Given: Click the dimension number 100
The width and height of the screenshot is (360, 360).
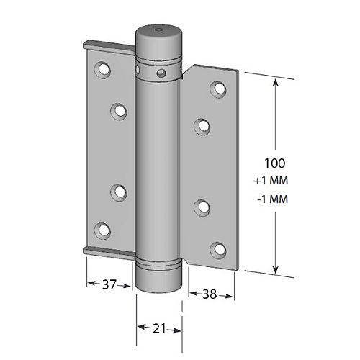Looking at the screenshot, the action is click(x=275, y=163).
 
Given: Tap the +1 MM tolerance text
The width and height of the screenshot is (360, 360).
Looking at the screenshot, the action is click(x=271, y=181).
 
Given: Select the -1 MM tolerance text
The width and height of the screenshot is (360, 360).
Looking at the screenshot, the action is click(x=273, y=199).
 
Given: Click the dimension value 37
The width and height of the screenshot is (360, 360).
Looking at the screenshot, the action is click(x=109, y=284).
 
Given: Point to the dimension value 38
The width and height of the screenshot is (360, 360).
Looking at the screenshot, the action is click(x=210, y=294).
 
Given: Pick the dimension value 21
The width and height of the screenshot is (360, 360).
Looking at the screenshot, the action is click(x=159, y=328).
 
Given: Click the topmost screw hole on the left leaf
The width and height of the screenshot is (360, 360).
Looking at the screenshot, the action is click(x=103, y=70).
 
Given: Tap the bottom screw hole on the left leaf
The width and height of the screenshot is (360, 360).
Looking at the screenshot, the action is click(x=102, y=230).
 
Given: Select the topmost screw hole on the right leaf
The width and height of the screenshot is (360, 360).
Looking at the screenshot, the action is click(x=219, y=89).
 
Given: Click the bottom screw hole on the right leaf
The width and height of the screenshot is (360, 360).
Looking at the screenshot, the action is click(x=218, y=250).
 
